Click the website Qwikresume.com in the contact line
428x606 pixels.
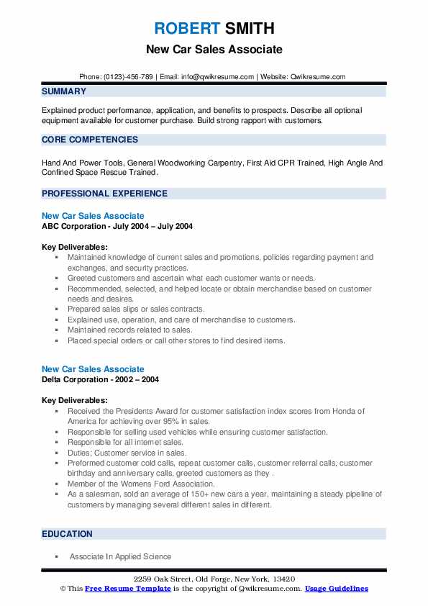[x=319, y=77]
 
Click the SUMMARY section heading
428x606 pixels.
[x=64, y=91]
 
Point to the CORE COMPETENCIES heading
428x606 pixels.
[x=90, y=140]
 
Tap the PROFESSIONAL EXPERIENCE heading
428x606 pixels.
[x=104, y=194]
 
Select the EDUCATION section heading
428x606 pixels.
[x=67, y=534]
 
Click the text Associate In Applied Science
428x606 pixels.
[x=120, y=556]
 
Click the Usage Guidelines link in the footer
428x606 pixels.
[x=337, y=589]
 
